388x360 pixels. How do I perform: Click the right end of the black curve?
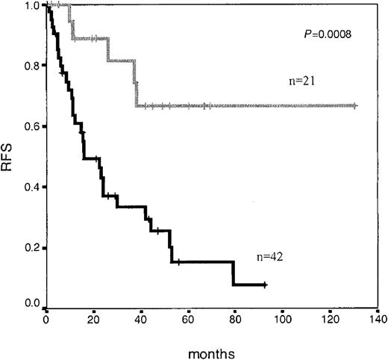tap(266, 285)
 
